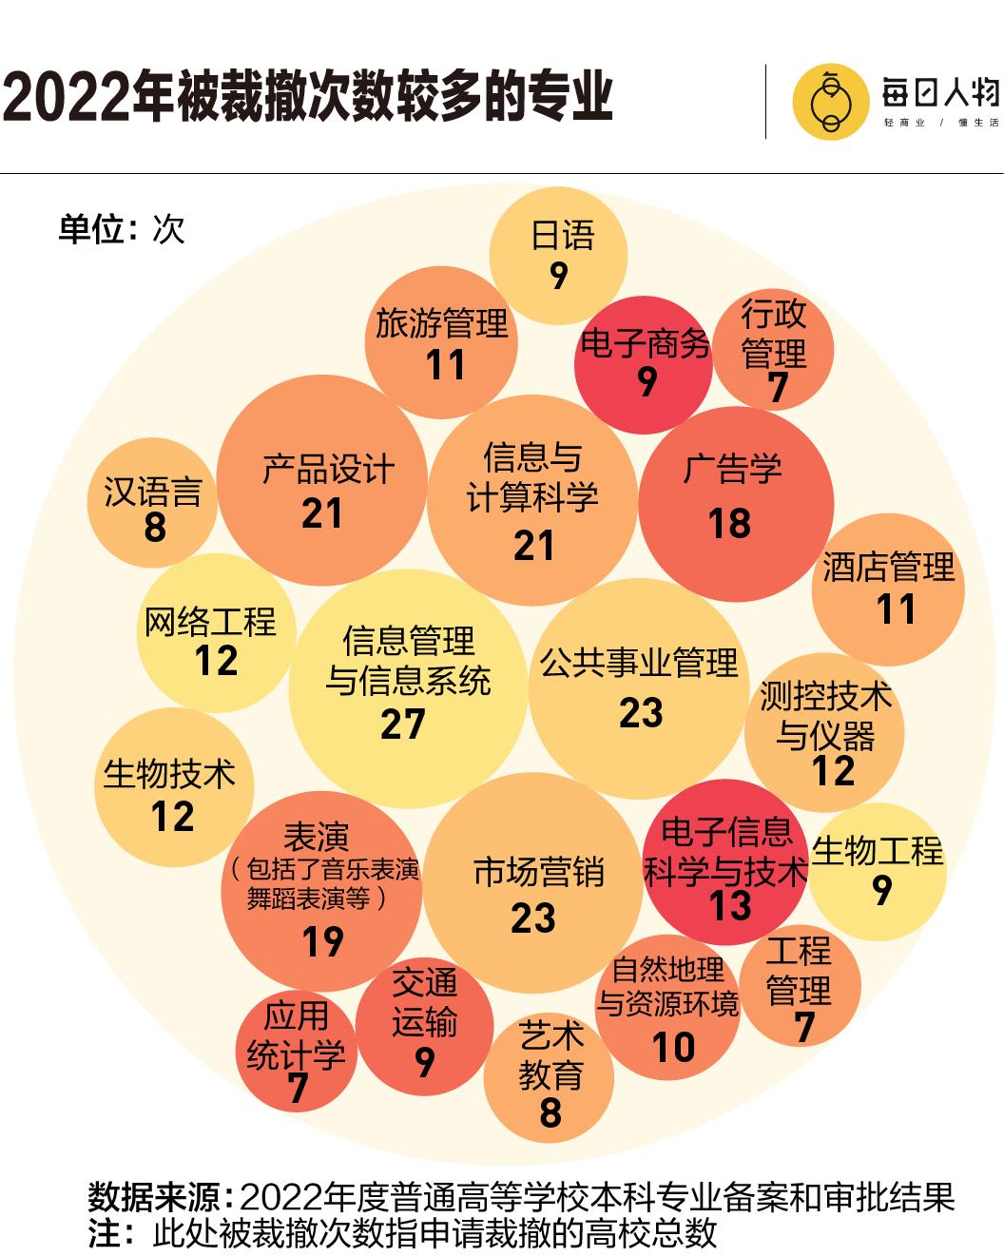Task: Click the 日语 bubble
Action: click(x=559, y=255)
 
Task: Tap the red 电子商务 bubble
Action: click(x=646, y=365)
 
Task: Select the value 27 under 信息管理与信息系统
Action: click(x=403, y=725)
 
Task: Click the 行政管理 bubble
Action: click(x=774, y=350)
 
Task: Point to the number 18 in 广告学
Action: click(x=729, y=524)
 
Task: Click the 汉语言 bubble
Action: click(x=153, y=506)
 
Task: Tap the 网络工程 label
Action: click(x=210, y=622)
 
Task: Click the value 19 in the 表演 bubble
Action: click(x=322, y=942)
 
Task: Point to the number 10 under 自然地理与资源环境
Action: click(x=673, y=1048)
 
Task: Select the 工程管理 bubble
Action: click(x=800, y=989)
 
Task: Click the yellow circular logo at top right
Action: click(x=830, y=102)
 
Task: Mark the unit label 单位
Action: click(x=91, y=229)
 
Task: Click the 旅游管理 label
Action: click(x=442, y=323)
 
